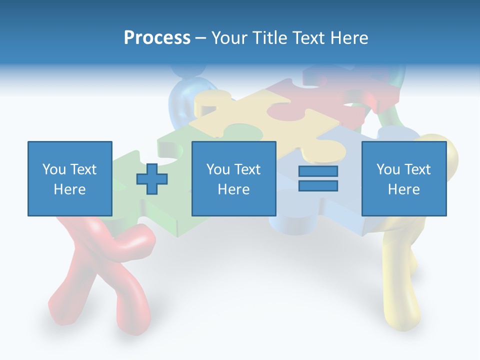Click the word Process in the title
coord(157,38)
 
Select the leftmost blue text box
coord(69,178)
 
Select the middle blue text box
coord(233,178)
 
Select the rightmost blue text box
coord(403,178)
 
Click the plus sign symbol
coord(152,178)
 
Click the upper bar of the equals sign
coord(318,171)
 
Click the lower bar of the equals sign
coord(318,185)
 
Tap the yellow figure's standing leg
coord(400,280)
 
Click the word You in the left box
coord(53,169)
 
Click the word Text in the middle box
coord(247,169)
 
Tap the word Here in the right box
coord(403,189)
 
